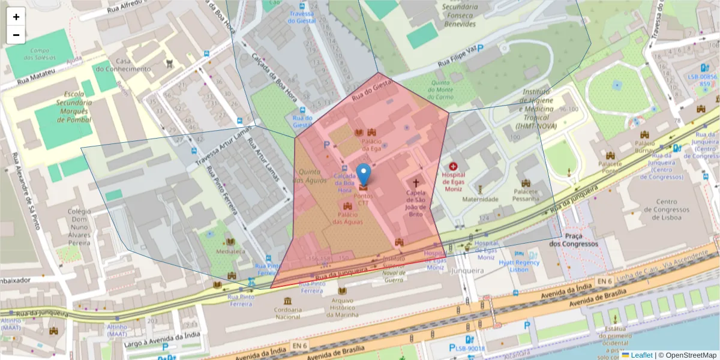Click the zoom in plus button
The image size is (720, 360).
pyautogui.click(x=16, y=17)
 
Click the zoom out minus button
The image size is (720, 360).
pyautogui.click(x=16, y=35)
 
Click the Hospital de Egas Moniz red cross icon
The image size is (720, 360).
pyautogui.click(x=453, y=166)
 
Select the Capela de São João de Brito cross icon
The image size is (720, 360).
pyautogui.click(x=415, y=182)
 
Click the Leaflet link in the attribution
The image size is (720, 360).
pyautogui.click(x=641, y=355)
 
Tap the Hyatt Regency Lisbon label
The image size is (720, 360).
pyautogui.click(x=520, y=266)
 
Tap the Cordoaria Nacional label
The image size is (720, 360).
pyautogui.click(x=288, y=313)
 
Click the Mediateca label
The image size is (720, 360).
pyautogui.click(x=231, y=251)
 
